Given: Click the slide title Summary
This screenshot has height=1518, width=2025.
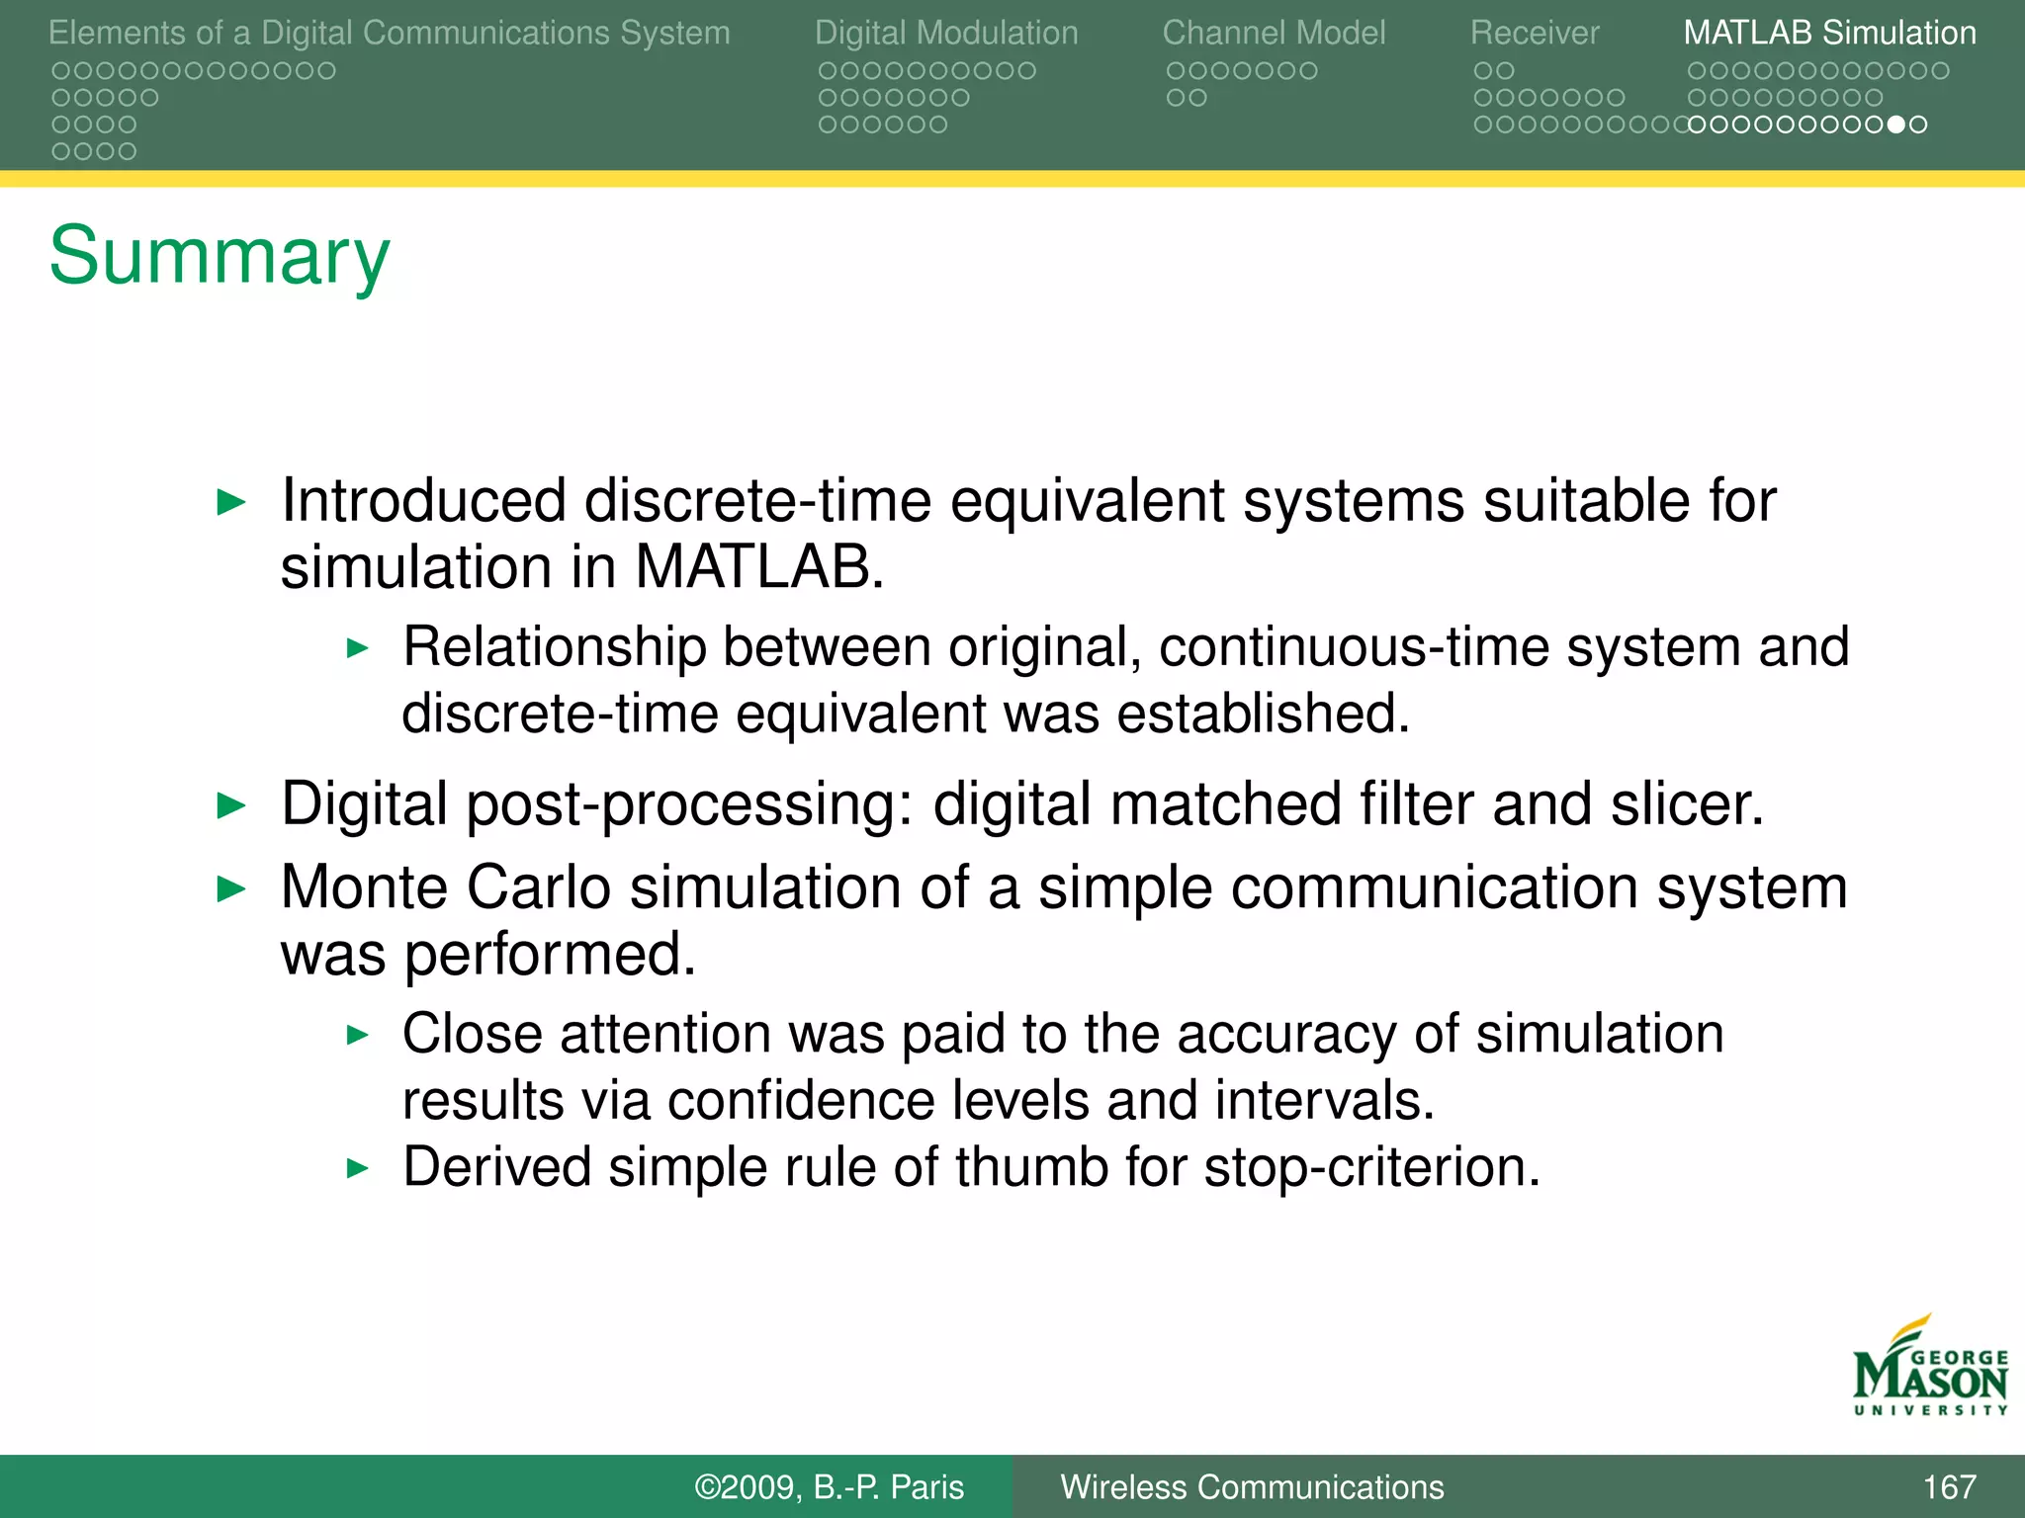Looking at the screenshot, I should point(220,257).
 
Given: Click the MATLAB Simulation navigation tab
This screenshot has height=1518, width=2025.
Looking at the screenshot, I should point(1829,33).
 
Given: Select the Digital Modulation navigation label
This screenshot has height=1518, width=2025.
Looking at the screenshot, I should point(945,33).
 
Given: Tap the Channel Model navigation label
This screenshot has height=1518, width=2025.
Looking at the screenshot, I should point(1274,33).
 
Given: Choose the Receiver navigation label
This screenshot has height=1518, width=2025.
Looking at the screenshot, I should point(1534,33).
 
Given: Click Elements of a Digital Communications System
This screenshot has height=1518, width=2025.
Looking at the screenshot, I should point(389,33).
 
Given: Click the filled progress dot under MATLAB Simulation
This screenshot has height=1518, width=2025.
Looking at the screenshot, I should point(1895,125).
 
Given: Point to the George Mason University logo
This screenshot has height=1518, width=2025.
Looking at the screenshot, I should point(1929,1369).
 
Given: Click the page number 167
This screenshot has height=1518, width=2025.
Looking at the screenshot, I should point(1949,1487).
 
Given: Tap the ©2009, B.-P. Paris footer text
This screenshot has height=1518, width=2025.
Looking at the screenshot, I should point(829,1487).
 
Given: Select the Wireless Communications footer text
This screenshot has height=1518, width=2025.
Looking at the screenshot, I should point(1252,1487).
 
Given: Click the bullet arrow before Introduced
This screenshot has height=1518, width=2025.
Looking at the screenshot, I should point(230,502).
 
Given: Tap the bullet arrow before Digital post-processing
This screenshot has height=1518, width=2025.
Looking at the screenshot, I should point(230,805).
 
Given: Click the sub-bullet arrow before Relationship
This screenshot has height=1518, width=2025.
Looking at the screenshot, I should point(358,649).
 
